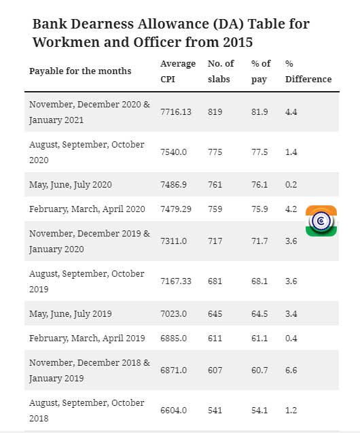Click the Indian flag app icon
click(321, 221)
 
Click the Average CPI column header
click(178, 71)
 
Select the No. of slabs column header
click(221, 71)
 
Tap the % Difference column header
click(308, 71)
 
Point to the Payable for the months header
click(80, 71)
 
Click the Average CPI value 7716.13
click(176, 112)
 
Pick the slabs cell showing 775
click(215, 152)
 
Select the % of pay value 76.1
click(259, 184)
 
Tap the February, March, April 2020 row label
click(87, 209)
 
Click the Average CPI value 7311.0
click(173, 241)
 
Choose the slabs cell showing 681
click(215, 281)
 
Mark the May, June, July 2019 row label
click(71, 314)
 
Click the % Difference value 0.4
click(291, 339)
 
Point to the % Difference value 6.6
click(291, 370)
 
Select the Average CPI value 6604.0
click(173, 411)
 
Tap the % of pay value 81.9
click(259, 112)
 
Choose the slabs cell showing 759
click(215, 209)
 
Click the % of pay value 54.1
click(259, 411)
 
